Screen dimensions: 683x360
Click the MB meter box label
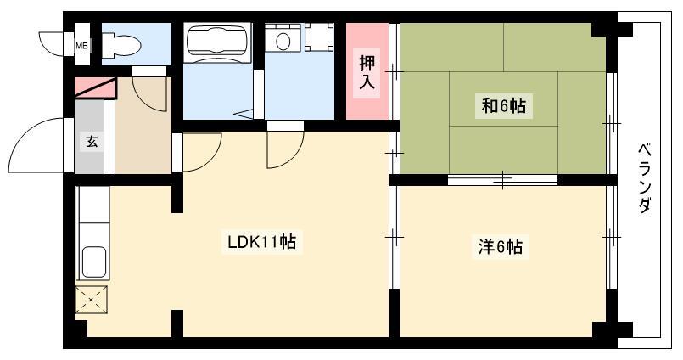coord(81,45)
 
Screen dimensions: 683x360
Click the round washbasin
coord(283,41)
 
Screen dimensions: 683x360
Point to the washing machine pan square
coord(319,37)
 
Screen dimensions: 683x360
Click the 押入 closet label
coord(367,72)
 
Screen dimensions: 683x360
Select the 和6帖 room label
coord(503,106)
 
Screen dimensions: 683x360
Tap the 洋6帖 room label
coord(500,247)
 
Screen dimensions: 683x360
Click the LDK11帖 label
coord(262,242)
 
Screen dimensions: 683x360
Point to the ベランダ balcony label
coord(646,178)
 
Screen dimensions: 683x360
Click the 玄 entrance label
coord(92,141)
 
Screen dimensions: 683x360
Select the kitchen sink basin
coord(94,262)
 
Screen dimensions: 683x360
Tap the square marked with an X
coord(91,300)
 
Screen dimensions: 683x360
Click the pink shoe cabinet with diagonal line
coord(95,88)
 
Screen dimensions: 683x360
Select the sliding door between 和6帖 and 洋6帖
coord(502,179)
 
